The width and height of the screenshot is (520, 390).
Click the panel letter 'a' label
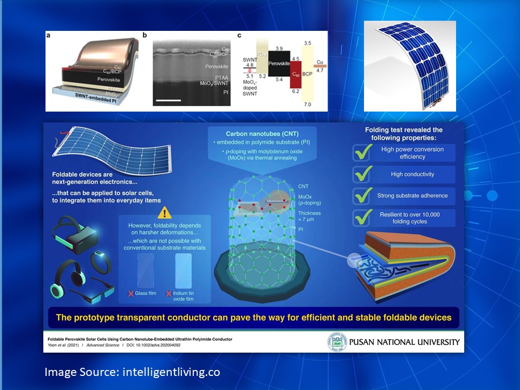(x=49, y=36)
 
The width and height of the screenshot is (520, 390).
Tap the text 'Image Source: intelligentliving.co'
(x=132, y=372)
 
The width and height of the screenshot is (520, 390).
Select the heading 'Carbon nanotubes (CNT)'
(x=263, y=133)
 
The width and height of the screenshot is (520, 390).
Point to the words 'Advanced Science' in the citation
(x=106, y=345)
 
